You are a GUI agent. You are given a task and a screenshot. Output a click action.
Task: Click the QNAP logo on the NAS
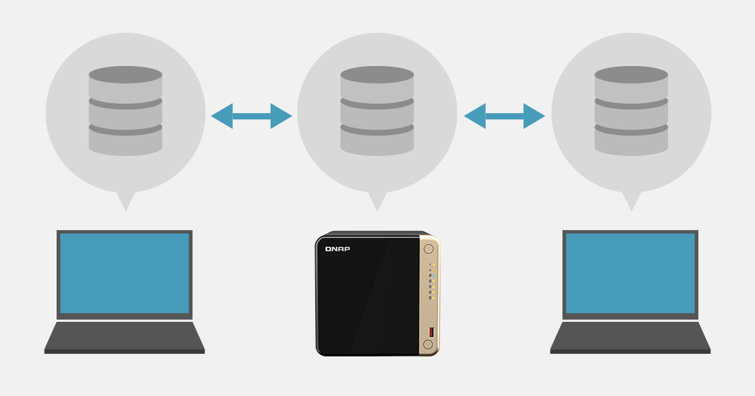point(337,249)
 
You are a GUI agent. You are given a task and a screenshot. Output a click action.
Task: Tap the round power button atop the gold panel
point(428,249)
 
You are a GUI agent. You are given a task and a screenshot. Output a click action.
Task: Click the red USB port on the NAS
point(432,332)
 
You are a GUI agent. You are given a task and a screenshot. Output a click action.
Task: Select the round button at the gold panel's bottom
point(428,344)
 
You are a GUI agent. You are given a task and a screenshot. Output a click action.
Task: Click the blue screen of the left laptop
point(125,273)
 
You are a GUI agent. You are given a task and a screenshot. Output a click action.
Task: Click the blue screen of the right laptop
point(630,273)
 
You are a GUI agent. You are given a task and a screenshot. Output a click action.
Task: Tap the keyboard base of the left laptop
point(125,338)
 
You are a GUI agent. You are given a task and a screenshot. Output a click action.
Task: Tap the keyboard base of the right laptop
point(630,338)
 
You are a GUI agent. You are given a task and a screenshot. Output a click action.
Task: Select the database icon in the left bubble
point(125,111)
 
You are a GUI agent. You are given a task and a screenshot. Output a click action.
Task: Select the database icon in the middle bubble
point(377,111)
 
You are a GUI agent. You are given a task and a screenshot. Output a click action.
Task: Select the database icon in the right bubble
point(631,111)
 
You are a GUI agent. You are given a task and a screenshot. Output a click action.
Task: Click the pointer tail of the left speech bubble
point(126,201)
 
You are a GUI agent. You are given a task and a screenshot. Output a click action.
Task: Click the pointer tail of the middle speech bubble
point(377,201)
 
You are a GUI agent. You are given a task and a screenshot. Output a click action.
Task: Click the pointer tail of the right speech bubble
point(631,201)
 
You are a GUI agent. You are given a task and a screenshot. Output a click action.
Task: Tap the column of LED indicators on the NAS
point(432,281)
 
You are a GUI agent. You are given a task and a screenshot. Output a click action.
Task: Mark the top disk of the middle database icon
point(377,84)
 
